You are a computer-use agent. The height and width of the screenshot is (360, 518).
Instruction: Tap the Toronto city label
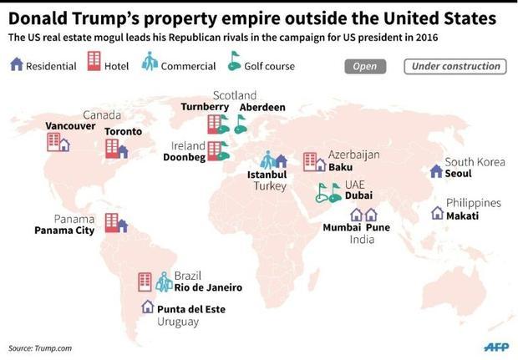pyautogui.click(x=123, y=131)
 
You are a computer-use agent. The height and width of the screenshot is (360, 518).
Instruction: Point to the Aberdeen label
pyautogui.click(x=262, y=108)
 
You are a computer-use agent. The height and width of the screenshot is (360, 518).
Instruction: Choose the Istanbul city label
pyautogui.click(x=267, y=175)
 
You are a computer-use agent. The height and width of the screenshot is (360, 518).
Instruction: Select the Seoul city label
pyautogui.click(x=458, y=173)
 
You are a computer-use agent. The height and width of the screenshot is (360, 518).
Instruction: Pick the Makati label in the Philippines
pyautogui.click(x=461, y=215)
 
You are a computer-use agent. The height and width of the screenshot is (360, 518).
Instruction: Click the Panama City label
pyautogui.click(x=63, y=230)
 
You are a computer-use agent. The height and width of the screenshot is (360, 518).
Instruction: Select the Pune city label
pyautogui.click(x=378, y=226)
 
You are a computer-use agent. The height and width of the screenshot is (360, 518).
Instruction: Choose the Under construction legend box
pyautogui.click(x=453, y=66)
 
